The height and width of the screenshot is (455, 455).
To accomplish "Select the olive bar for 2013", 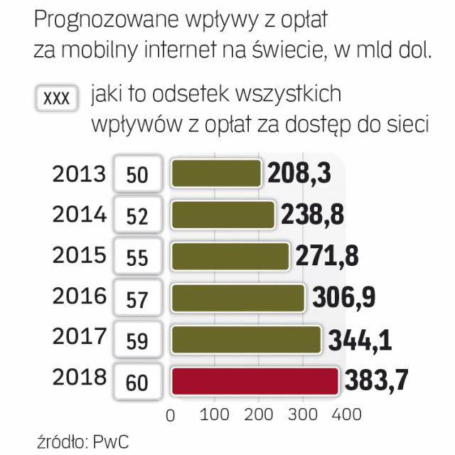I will pos(216,173).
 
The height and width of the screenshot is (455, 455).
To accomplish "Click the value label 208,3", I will pos(300,173).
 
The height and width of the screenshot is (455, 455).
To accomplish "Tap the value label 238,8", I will pos(314,215).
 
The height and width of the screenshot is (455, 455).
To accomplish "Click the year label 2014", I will pos(79,214).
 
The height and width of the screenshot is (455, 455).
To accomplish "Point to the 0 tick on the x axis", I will pos(170,414).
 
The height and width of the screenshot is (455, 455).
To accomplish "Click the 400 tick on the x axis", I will pos(346,414).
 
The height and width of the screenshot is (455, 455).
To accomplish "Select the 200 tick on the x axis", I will pos(259,414).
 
